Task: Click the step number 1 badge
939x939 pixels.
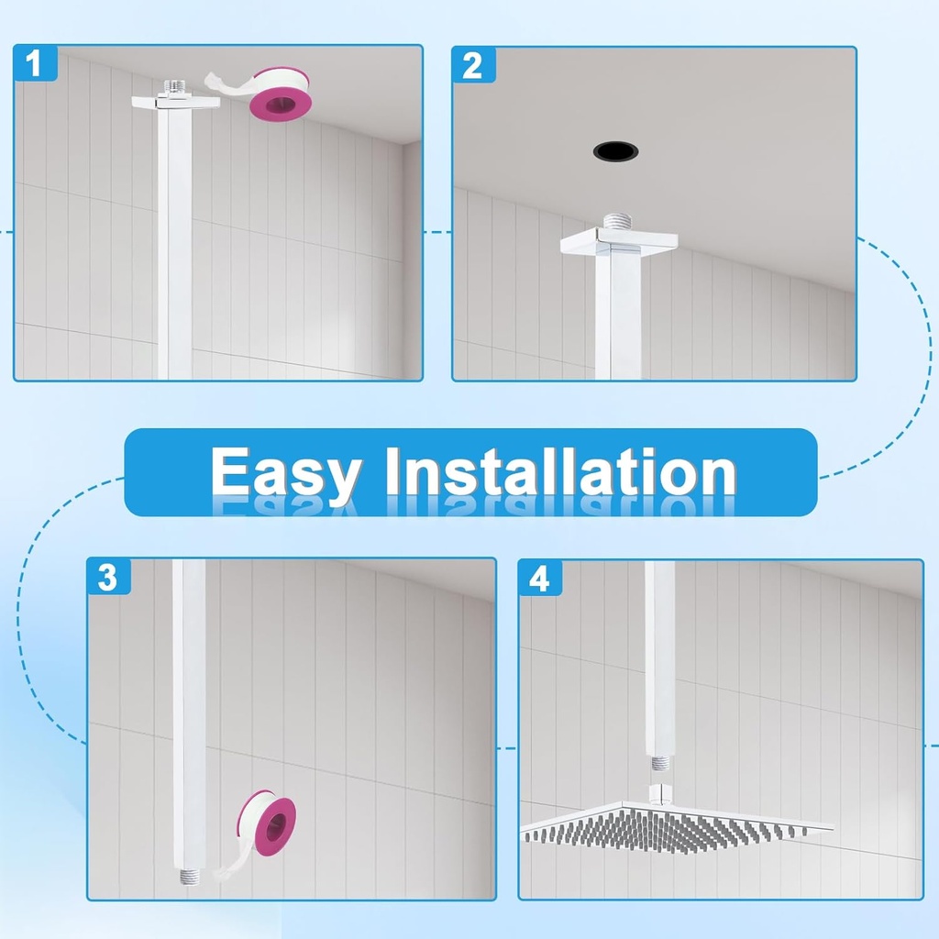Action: point(35,65)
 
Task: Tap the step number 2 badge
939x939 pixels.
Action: point(473,66)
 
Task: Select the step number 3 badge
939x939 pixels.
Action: point(108,578)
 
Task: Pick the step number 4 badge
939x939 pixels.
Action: point(540,579)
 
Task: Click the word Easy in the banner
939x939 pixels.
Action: point(284,473)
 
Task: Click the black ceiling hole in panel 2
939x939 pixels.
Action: point(614,150)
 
